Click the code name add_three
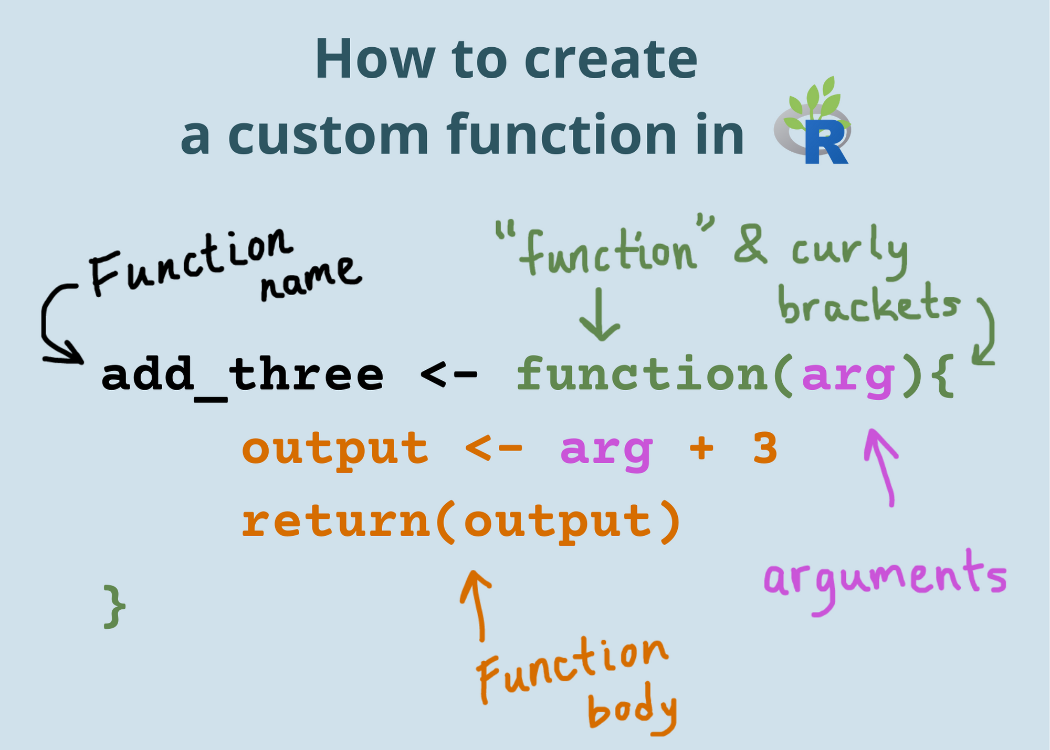(243, 376)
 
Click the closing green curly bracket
(114, 607)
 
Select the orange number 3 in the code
(765, 450)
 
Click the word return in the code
(336, 523)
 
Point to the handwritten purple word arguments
(885, 580)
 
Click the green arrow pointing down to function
(600, 315)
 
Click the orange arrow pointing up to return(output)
(478, 604)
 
